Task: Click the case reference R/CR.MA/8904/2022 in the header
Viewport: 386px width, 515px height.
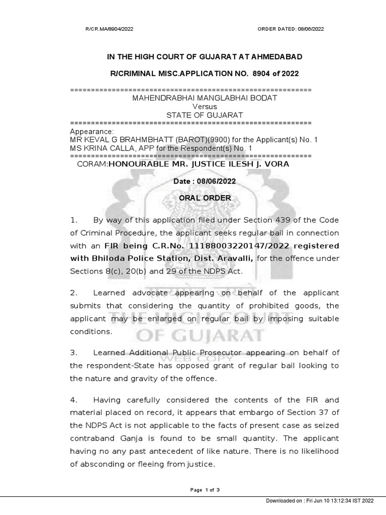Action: tap(110, 29)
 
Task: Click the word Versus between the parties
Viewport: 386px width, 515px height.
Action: tap(205, 107)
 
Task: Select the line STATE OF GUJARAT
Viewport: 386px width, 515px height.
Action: tap(205, 115)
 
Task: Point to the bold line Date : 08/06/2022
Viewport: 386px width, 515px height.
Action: tap(205, 181)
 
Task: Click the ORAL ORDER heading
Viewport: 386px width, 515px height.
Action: tap(205, 198)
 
